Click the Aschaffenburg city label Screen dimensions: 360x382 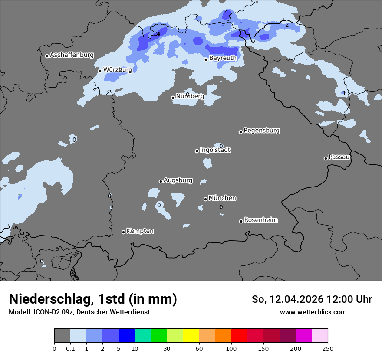(72, 55)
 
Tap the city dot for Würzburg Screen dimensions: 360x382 (100, 71)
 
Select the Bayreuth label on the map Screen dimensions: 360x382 (223, 58)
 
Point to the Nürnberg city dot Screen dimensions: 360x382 (173, 98)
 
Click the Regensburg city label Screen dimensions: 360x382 (261, 130)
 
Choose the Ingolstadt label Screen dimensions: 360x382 (215, 150)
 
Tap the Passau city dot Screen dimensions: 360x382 (326, 158)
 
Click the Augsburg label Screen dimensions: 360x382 (178, 180)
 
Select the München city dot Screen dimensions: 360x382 (205, 200)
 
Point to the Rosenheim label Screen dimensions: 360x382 (260, 220)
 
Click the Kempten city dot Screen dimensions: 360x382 (123, 232)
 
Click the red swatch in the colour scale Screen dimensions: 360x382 (239, 336)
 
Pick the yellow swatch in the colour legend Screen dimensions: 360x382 (191, 336)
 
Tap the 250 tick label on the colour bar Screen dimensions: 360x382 (328, 348)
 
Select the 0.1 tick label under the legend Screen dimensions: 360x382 (70, 348)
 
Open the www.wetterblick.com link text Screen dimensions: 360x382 (313, 312)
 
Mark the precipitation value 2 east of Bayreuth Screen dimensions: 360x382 (286, 25)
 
